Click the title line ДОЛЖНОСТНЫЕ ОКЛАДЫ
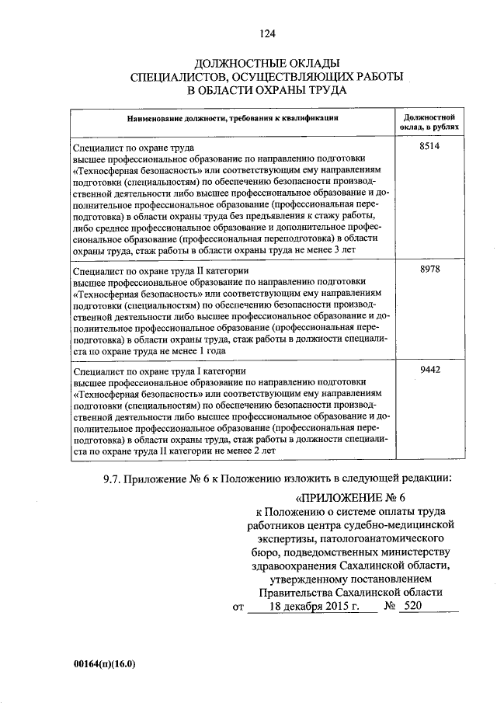click(268, 62)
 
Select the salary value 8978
click(429, 269)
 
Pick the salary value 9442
click(429, 370)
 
